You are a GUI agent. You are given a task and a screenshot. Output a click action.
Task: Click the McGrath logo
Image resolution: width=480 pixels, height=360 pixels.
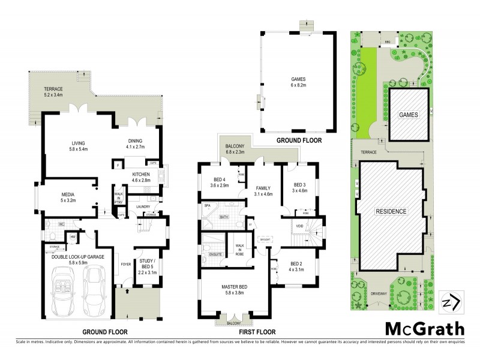tap(424, 329)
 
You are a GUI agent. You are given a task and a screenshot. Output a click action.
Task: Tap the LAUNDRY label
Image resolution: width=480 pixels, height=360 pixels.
tap(143, 207)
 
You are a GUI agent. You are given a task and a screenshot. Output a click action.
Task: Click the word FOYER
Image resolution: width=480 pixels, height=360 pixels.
tap(126, 263)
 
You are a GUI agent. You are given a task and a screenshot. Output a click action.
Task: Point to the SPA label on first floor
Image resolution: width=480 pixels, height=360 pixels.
tap(207, 206)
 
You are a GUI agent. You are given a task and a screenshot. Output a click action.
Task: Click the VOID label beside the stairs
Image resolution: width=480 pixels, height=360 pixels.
tap(299, 226)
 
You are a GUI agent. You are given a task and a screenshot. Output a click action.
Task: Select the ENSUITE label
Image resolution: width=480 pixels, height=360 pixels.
tap(213, 254)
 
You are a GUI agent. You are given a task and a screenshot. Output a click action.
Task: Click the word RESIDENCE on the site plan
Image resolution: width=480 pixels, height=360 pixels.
tap(392, 211)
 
